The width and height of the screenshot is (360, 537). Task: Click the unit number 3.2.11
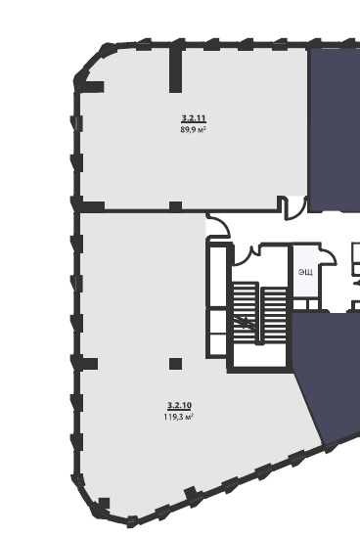click(x=194, y=118)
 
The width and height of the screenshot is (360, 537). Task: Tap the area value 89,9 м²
click(x=193, y=129)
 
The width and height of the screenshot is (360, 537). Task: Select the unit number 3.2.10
click(x=179, y=406)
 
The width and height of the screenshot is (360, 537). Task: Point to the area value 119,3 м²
click(x=179, y=417)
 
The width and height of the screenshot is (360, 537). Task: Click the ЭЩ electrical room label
click(x=305, y=272)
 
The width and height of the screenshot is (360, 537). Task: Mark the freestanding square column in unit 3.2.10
click(x=176, y=364)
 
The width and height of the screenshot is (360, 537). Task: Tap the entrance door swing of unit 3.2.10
click(x=219, y=224)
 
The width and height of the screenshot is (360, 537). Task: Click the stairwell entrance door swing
click(x=244, y=257)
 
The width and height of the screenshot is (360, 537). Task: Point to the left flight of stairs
click(x=246, y=312)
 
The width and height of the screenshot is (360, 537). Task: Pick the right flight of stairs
click(x=274, y=315)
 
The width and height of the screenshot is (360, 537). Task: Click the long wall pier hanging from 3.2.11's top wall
click(x=176, y=70)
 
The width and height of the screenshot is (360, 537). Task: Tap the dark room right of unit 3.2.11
click(x=335, y=129)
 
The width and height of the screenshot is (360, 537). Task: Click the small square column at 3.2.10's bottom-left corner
click(x=104, y=504)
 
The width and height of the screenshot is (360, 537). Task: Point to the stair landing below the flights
click(x=260, y=355)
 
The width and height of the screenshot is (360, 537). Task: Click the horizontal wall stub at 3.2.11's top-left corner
click(x=93, y=87)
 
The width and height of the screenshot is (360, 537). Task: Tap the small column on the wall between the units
click(x=176, y=205)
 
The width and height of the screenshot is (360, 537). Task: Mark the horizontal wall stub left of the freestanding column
click(x=89, y=364)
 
